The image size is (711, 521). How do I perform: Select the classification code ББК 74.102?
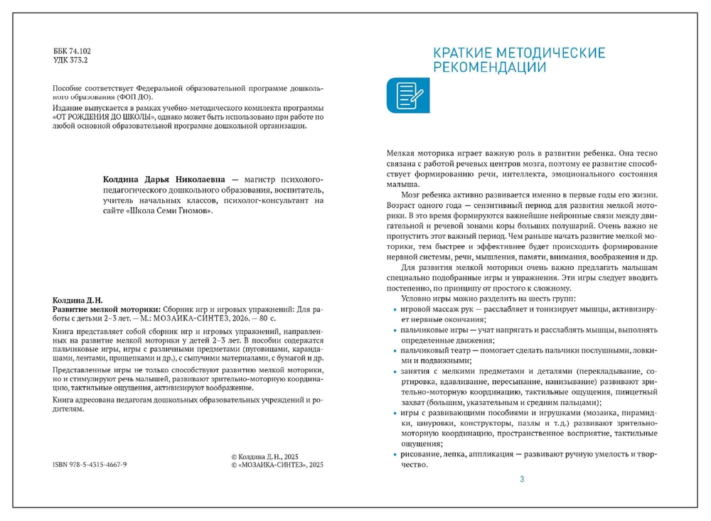[73, 52]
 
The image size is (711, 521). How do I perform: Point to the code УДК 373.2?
[71, 61]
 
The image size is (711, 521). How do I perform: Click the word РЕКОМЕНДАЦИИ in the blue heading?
[490, 68]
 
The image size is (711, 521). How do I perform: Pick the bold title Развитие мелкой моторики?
[107, 310]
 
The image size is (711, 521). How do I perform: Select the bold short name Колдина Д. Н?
[77, 300]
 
